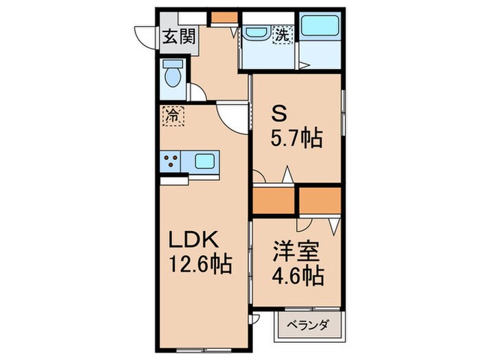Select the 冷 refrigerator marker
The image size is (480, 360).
(x=173, y=115)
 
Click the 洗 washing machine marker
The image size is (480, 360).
(x=283, y=33)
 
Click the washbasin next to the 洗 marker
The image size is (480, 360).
(x=256, y=32)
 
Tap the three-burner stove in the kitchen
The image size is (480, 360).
(x=171, y=162)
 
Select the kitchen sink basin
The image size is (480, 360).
(x=205, y=162)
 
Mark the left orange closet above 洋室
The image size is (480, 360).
(x=273, y=200)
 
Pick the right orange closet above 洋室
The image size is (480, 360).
(x=319, y=200)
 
